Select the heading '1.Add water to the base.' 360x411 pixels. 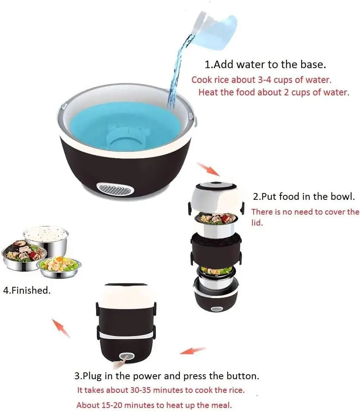coord(265,64)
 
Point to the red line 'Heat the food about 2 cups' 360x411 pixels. coord(274,92)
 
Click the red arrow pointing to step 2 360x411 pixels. coord(208,169)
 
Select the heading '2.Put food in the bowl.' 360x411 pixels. coord(304,196)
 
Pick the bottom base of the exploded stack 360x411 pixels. coord(216,299)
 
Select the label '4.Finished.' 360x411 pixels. coord(26,291)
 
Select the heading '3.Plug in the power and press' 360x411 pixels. coord(167,376)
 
